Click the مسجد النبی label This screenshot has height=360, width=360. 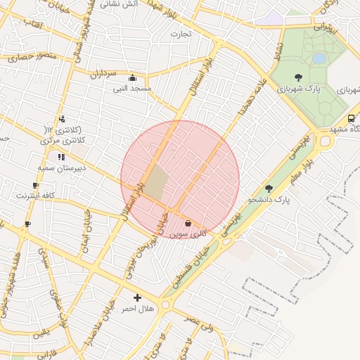[x=131, y=89]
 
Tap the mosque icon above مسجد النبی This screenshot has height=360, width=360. [x=131, y=77]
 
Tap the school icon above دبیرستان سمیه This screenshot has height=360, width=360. [x=61, y=156]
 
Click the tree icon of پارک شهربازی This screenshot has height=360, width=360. [x=298, y=77]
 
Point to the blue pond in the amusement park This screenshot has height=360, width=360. [x=319, y=58]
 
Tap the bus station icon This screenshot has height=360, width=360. [x=351, y=118]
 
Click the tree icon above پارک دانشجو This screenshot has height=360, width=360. [x=269, y=188]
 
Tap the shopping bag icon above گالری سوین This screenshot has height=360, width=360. [x=188, y=223]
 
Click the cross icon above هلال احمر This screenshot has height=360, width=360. [x=137, y=297]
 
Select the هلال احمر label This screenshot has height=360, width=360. [x=137, y=309]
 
